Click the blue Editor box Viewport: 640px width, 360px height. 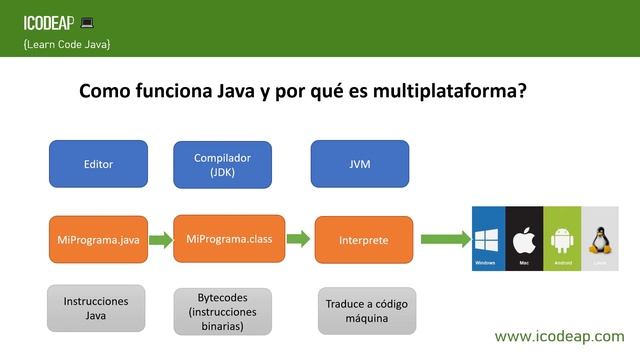click(98, 164)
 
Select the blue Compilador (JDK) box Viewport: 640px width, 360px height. click(223, 164)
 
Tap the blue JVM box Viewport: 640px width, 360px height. click(360, 164)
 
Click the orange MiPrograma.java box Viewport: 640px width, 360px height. click(98, 240)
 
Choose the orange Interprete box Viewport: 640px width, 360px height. click(363, 240)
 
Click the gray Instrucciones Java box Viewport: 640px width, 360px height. click(96, 308)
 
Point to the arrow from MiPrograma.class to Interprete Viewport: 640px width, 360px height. click(296, 239)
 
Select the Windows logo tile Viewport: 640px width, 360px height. click(487, 239)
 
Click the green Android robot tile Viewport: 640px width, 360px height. click(561, 239)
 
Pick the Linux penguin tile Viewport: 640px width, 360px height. click(600, 239)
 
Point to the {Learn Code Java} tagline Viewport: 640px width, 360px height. click(66, 45)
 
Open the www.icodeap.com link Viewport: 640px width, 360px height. click(559, 336)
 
